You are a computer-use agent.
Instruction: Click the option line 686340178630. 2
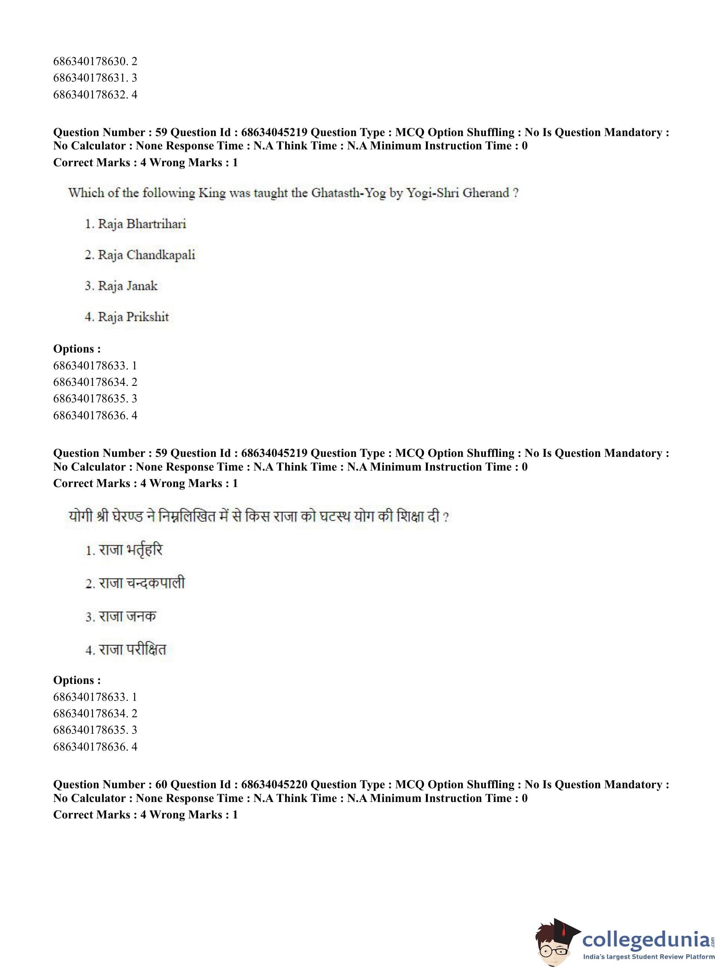tap(95, 62)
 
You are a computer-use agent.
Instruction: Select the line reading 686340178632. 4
tap(95, 95)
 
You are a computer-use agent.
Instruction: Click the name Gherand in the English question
tap(485, 193)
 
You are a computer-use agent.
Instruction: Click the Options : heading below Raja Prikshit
tap(77, 349)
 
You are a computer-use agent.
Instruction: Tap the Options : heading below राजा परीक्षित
tap(77, 680)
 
